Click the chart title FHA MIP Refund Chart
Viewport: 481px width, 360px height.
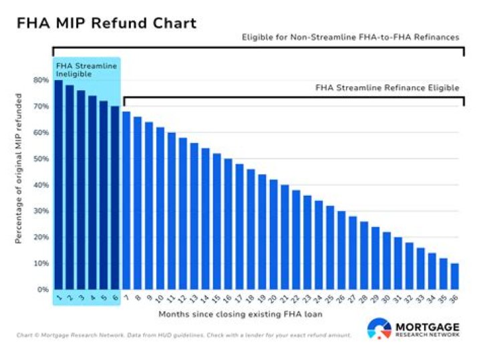point(106,23)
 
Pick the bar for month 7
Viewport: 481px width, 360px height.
point(126,200)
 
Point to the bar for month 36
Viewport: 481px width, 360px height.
point(454,277)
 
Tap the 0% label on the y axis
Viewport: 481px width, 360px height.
point(42,290)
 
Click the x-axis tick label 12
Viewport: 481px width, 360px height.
point(182,299)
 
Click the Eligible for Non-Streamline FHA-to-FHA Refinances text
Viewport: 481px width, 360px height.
point(350,37)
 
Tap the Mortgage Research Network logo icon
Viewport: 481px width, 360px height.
point(379,329)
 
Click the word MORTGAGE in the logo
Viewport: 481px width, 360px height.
point(428,325)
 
